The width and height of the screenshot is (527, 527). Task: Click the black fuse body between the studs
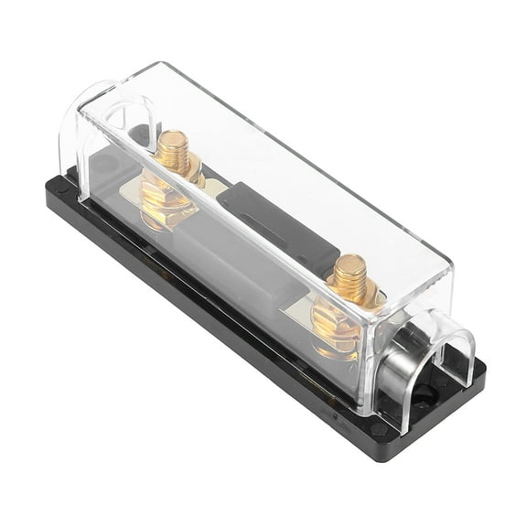point(274,229)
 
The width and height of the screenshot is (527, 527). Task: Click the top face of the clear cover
point(274,156)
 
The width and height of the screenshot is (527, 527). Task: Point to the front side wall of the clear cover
point(229,302)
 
